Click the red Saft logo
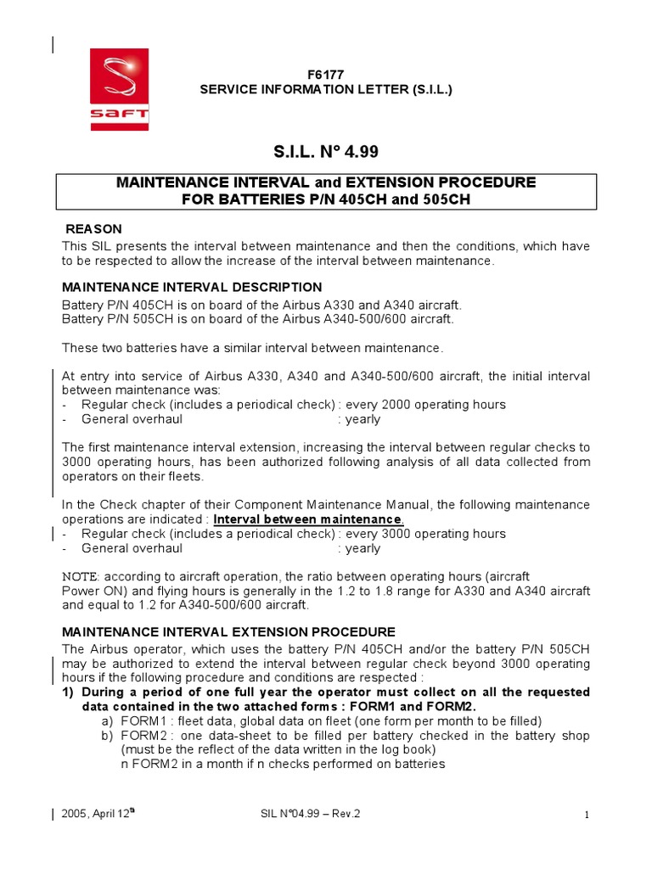tap(120, 88)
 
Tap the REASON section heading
tap(94, 229)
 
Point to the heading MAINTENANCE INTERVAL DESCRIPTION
tap(192, 287)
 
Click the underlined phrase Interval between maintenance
tap(306, 519)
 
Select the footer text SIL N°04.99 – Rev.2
tap(311, 813)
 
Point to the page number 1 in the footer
tap(586, 815)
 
